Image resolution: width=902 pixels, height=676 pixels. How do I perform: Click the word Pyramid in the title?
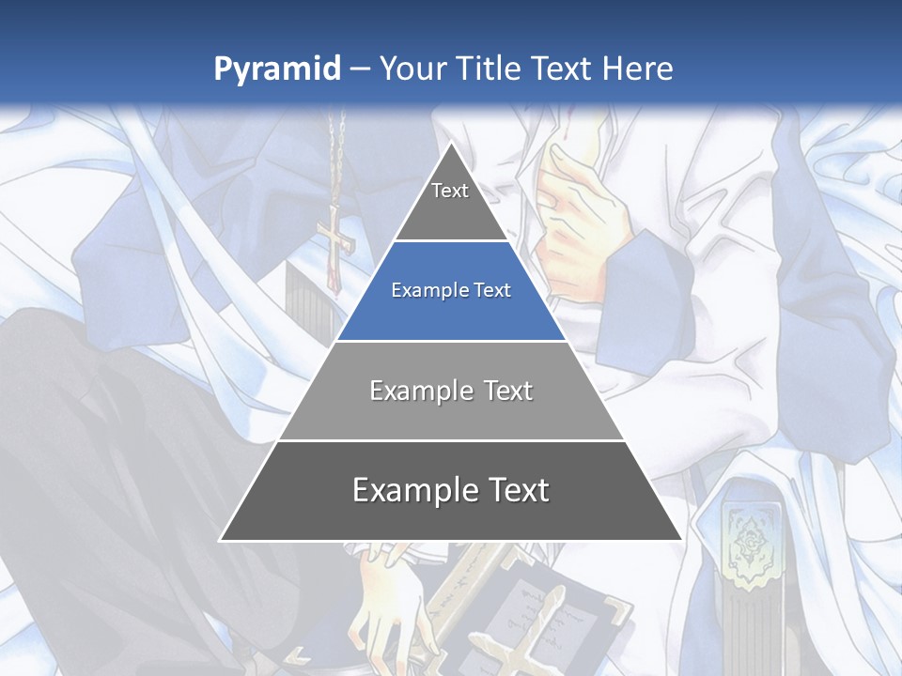277,69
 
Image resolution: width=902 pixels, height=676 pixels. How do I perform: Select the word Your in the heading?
412,69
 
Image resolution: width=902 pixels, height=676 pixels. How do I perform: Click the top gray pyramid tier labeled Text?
450,197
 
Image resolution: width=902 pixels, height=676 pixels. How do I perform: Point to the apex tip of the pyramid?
451,144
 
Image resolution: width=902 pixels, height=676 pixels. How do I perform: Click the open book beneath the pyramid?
536,610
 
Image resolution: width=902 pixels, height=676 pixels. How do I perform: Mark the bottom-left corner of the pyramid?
221,540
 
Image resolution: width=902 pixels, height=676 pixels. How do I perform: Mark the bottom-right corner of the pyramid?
681,540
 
